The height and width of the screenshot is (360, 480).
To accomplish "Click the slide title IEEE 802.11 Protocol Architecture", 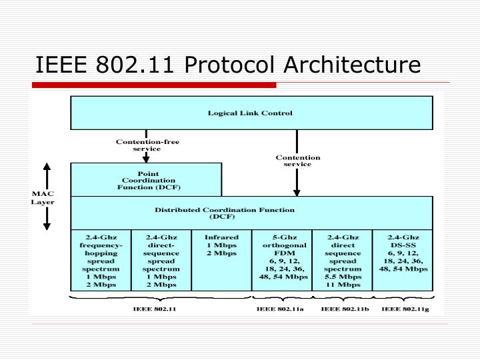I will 228,65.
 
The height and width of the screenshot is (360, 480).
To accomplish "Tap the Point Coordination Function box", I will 146,180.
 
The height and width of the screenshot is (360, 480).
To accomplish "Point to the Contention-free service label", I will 147,145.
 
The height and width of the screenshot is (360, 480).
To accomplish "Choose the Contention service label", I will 298,161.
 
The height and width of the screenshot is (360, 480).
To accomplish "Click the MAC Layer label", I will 43,197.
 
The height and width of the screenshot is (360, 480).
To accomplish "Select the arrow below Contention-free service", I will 147,157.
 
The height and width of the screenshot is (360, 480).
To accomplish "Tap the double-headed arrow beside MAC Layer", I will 47,196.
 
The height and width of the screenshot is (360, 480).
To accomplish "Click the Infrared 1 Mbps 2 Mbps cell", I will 221,245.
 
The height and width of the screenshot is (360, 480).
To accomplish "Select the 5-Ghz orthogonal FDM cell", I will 281,258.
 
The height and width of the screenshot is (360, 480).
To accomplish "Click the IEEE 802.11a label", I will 281,309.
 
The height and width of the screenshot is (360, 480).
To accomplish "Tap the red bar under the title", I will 155,85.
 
